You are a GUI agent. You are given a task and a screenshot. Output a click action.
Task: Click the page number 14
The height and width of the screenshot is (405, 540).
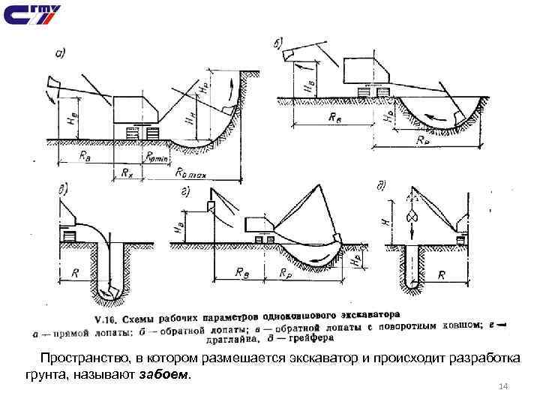pos(503,386)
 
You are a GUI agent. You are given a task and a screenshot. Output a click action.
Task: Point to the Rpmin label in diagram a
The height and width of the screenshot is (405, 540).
pos(158,156)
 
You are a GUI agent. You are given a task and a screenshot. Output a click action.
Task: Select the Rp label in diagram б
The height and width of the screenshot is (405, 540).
pos(424,139)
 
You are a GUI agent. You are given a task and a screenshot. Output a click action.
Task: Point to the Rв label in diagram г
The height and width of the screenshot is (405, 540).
pos(243,274)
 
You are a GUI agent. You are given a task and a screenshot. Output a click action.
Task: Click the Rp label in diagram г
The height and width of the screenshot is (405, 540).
pos(286,274)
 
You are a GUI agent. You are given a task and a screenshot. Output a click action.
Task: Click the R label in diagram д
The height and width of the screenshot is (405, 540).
pos(442,275)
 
